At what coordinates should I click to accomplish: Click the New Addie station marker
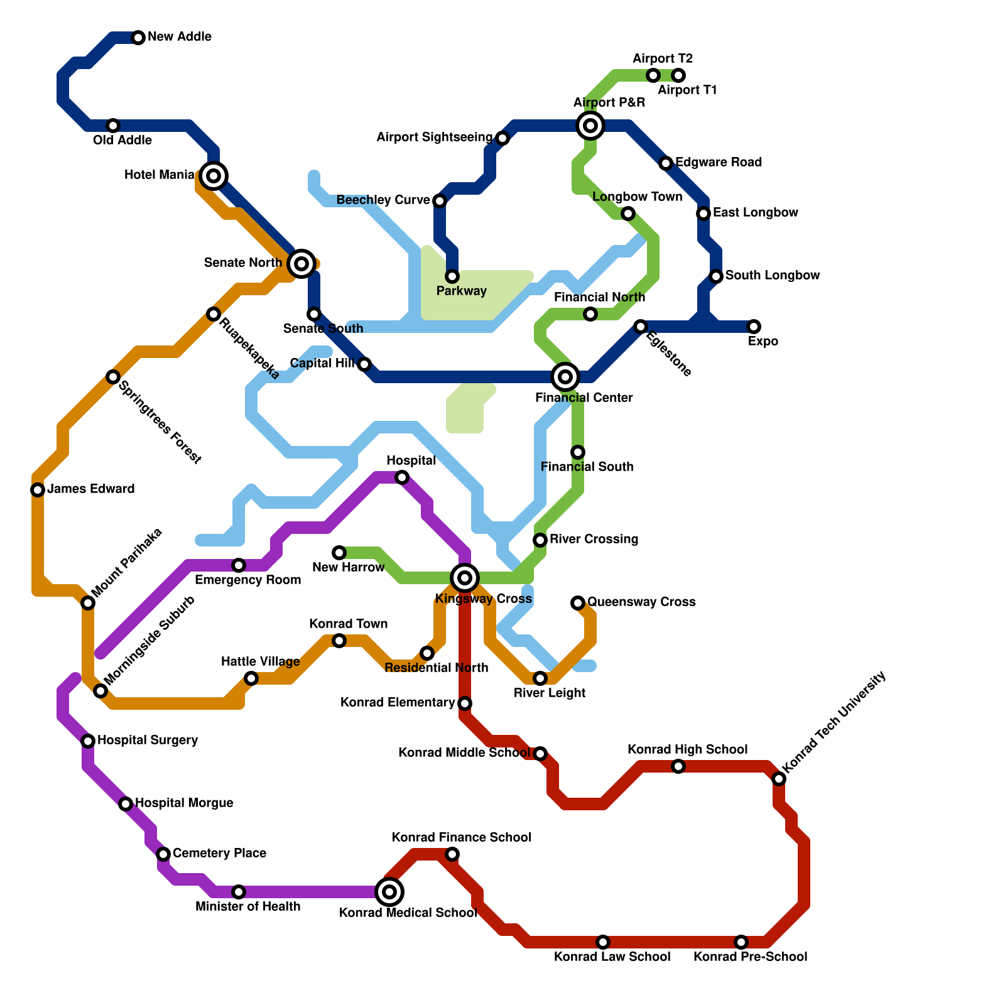pyautogui.click(x=138, y=38)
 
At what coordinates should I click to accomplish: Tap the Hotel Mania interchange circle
pyautogui.click(x=214, y=176)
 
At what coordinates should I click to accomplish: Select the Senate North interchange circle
pyautogui.click(x=301, y=264)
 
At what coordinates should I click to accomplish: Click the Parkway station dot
pyautogui.click(x=452, y=276)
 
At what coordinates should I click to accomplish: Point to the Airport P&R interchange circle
pyautogui.click(x=590, y=126)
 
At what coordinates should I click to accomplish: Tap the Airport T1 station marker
pyautogui.click(x=678, y=76)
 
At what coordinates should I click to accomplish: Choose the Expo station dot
pyautogui.click(x=754, y=327)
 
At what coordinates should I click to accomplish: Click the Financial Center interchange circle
pyautogui.click(x=565, y=377)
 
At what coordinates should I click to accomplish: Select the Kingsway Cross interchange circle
pyautogui.click(x=465, y=578)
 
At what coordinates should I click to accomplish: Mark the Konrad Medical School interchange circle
pyautogui.click(x=389, y=892)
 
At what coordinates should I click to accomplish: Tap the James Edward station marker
pyautogui.click(x=38, y=490)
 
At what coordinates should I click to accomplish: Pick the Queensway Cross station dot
pyautogui.click(x=578, y=603)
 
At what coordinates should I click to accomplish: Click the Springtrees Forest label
pyautogui.click(x=160, y=422)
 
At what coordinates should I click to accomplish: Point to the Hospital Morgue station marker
pyautogui.click(x=126, y=804)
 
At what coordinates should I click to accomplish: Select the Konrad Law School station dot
pyautogui.click(x=603, y=942)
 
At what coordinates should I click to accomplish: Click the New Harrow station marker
pyautogui.click(x=339, y=553)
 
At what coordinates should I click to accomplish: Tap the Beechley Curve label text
pyautogui.click(x=383, y=200)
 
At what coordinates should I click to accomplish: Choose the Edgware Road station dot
pyautogui.click(x=666, y=164)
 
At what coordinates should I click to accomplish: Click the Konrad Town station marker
pyautogui.click(x=339, y=641)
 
